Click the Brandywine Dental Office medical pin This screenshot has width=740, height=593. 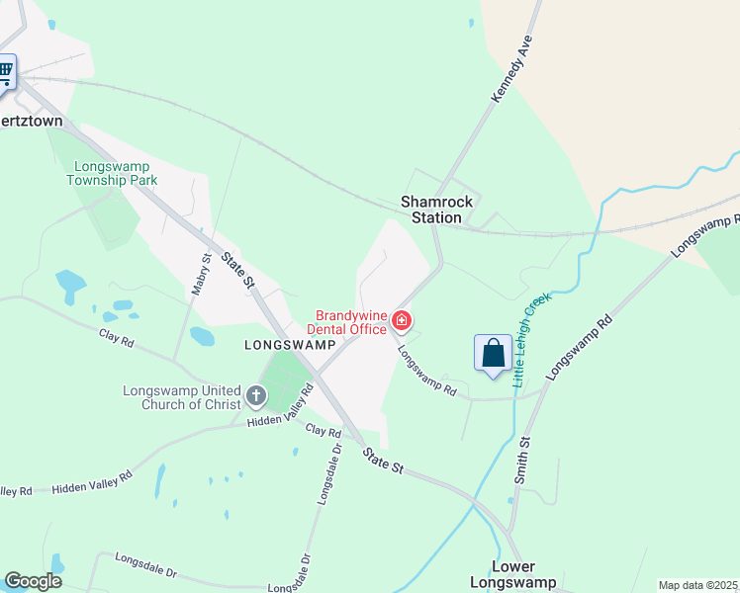click(402, 320)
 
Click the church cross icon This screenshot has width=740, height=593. click(256, 397)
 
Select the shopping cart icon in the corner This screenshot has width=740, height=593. click(5, 71)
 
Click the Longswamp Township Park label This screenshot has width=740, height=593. click(112, 173)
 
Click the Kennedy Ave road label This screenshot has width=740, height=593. click(511, 69)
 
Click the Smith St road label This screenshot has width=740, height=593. click(522, 461)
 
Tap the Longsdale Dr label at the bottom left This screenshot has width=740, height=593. click(144, 564)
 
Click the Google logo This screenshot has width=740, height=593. click(33, 581)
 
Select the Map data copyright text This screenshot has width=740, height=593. click(698, 585)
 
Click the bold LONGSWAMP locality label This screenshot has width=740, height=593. click(283, 344)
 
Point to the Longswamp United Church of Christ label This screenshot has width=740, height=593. click(182, 397)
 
